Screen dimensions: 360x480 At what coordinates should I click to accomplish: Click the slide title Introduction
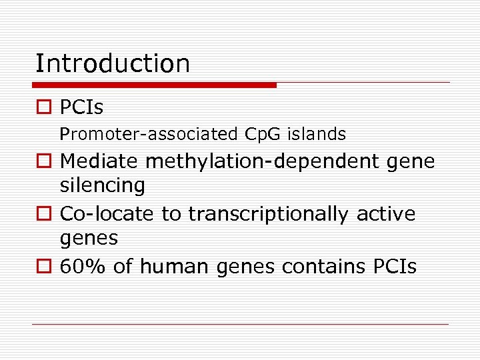coord(112,64)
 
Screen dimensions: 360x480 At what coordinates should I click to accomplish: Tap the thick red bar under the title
coord(154,85)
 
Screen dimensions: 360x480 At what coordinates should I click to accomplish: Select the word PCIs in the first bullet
coord(81,107)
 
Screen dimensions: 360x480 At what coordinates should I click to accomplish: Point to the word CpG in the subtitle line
coord(263,135)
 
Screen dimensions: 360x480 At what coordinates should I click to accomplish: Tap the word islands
coord(317,135)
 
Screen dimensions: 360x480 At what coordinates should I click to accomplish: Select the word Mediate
coord(99,161)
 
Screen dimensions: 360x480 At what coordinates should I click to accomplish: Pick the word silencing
coord(102,186)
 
